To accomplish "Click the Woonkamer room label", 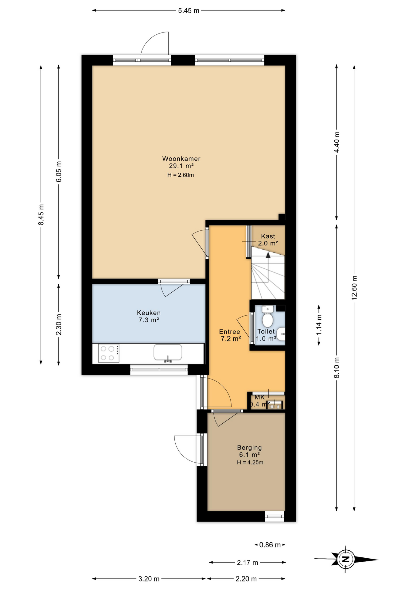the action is click(x=181, y=159).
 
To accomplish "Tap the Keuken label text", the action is click(x=149, y=313).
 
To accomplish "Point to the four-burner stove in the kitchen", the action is click(x=109, y=353).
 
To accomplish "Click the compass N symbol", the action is click(x=346, y=559).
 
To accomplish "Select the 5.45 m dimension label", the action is click(x=189, y=11).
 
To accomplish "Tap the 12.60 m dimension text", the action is click(x=354, y=287).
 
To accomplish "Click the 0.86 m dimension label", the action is click(x=270, y=545).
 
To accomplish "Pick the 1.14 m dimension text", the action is click(x=319, y=325).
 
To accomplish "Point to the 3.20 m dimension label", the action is click(x=149, y=579).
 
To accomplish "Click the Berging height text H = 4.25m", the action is click(x=250, y=462).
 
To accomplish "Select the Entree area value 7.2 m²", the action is click(x=231, y=339).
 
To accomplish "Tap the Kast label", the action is click(x=268, y=236).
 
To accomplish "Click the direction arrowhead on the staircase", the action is click(x=268, y=255).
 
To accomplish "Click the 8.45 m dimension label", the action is click(x=41, y=214).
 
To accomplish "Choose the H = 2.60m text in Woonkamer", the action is click(x=181, y=175).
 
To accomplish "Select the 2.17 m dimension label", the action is click(x=247, y=563).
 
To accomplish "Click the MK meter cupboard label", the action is click(x=260, y=397).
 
